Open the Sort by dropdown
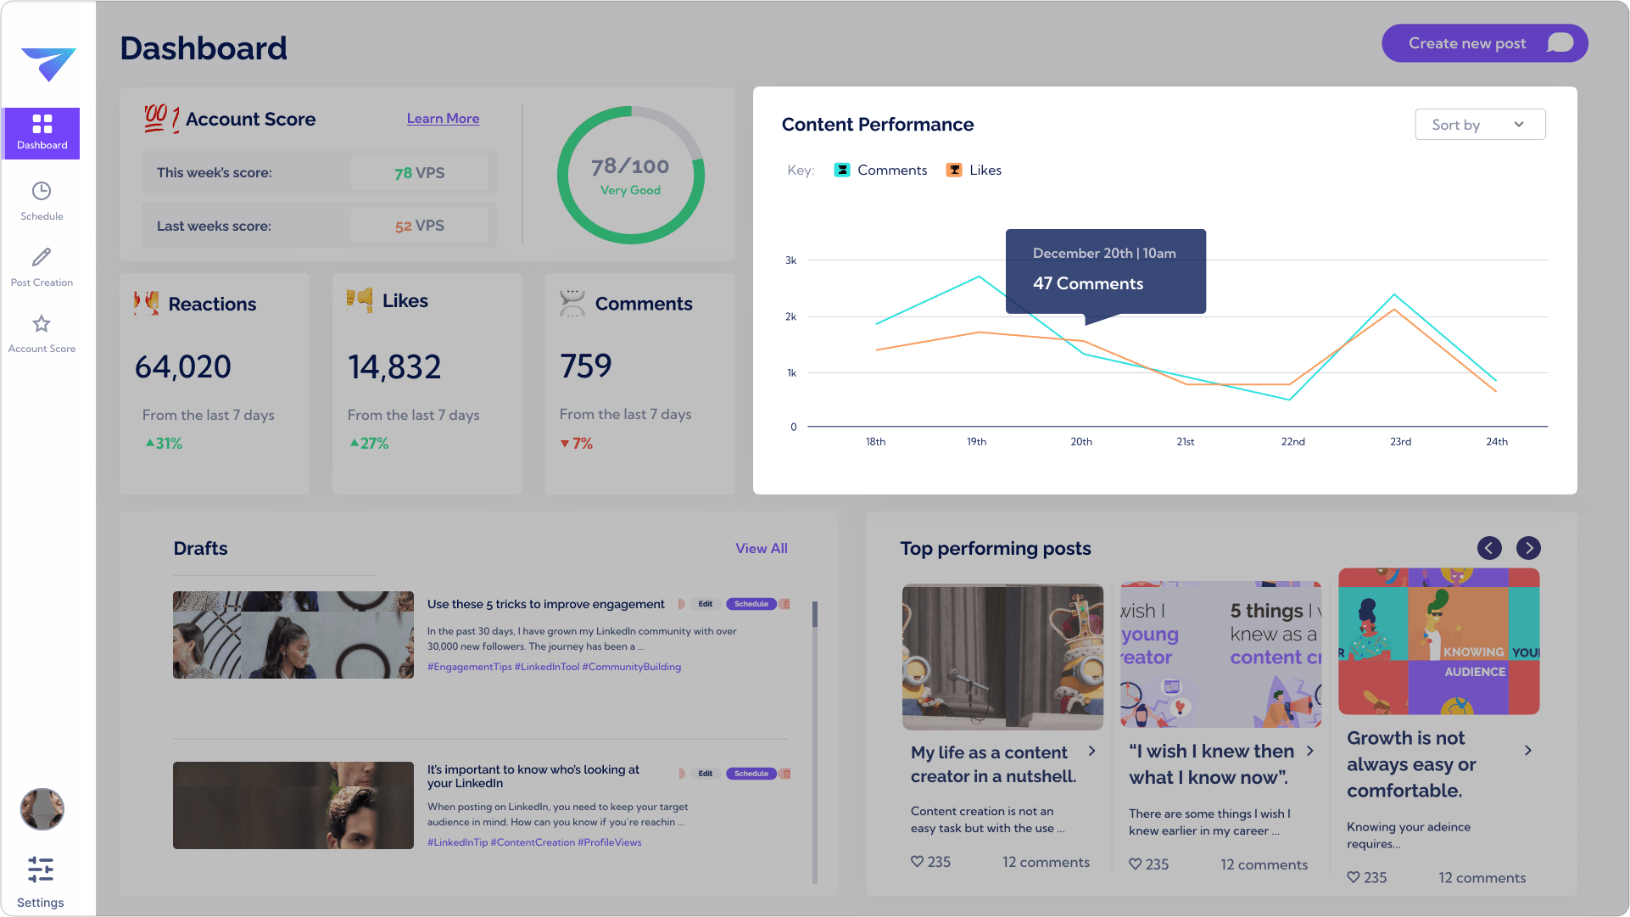point(1480,125)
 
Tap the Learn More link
point(443,119)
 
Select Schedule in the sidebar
point(42,200)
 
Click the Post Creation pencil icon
point(42,257)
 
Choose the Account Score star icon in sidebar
point(42,324)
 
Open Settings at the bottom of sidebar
point(41,881)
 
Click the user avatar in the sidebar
point(42,808)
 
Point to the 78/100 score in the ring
point(630,166)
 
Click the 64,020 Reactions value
point(183,367)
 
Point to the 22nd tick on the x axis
point(1292,442)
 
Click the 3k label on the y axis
point(790,260)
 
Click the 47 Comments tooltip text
point(1087,284)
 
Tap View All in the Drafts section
point(761,549)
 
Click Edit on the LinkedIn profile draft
point(705,774)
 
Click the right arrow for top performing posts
point(1528,548)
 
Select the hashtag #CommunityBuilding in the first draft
point(631,667)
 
